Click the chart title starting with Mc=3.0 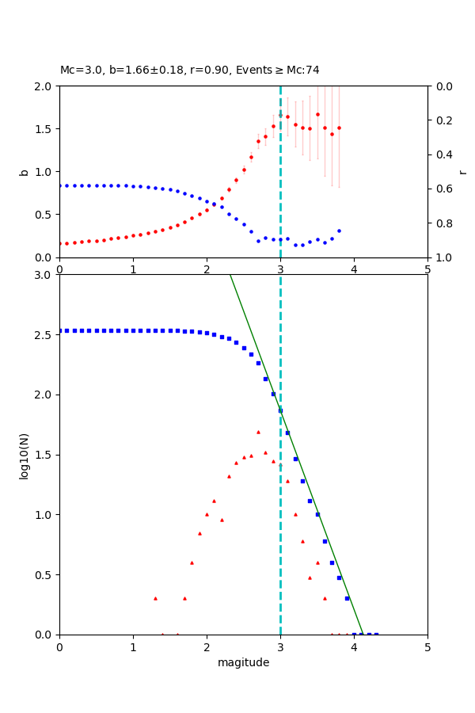(x=190, y=70)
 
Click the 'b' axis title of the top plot (x=24, y=171)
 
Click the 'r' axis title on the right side (x=462, y=171)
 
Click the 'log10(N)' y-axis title (x=24, y=455)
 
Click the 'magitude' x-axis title (x=243, y=662)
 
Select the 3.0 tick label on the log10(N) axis (x=43, y=275)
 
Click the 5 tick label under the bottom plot (x=427, y=646)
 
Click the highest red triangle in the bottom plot (x=258, y=432)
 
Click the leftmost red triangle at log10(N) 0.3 (x=155, y=598)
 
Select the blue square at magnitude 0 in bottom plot (x=59, y=330)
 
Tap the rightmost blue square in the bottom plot (x=376, y=635)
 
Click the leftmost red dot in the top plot (x=59, y=243)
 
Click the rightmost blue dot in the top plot (x=339, y=231)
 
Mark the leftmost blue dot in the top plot (x=59, y=185)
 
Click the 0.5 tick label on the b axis (x=43, y=214)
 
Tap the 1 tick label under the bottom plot (x=133, y=646)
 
